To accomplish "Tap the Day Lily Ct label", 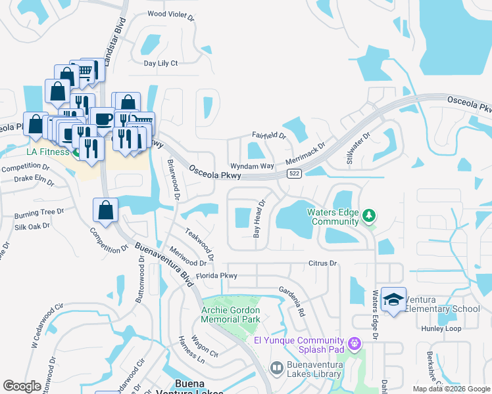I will tap(161, 63).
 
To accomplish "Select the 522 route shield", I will tap(295, 173).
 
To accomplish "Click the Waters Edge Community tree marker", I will tap(370, 216).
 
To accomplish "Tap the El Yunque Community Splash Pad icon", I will tap(355, 342).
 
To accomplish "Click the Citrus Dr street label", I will tap(322, 263).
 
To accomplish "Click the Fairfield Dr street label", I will tap(269, 136).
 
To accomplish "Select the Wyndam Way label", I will tap(251, 166).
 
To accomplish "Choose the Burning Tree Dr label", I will tap(39, 212).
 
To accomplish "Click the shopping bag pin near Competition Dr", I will tap(105, 211).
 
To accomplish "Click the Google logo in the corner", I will tap(22, 386).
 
